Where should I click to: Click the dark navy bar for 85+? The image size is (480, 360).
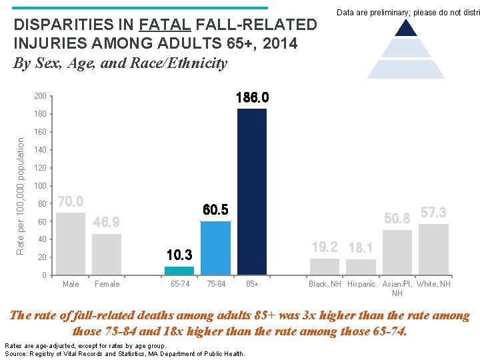(x=252, y=191)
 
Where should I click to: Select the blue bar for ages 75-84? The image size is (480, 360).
(x=215, y=247)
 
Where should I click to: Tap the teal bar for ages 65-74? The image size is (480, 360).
(x=179, y=270)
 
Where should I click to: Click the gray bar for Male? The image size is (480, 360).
(x=71, y=243)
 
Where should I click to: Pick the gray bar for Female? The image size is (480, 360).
(x=107, y=254)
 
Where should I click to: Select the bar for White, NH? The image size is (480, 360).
(x=433, y=249)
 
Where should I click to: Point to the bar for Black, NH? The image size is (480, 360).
(x=325, y=266)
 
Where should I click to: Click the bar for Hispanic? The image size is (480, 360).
(x=361, y=267)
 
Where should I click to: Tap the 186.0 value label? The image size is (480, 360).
(x=253, y=98)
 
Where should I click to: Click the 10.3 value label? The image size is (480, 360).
(x=179, y=255)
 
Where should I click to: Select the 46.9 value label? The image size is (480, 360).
(x=107, y=222)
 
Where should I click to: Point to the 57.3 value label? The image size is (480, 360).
(x=433, y=213)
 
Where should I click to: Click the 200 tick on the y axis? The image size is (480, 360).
(x=41, y=97)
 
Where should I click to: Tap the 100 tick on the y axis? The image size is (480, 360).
(x=41, y=186)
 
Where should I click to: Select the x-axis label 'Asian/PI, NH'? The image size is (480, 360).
(x=397, y=289)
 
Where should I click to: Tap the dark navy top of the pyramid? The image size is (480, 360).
(x=406, y=27)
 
